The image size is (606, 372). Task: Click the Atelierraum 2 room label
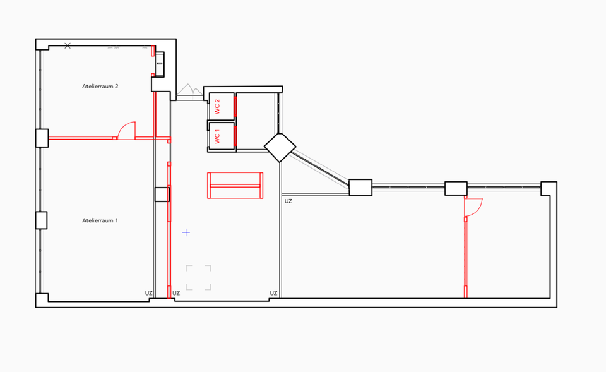pos(100,86)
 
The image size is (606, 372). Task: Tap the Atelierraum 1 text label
pos(100,220)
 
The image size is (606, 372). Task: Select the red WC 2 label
pos(217,107)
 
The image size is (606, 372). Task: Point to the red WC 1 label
pos(217,136)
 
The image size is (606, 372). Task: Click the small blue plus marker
pos(186,232)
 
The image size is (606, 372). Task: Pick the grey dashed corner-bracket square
pos(198,278)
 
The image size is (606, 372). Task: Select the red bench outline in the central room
pos(235,185)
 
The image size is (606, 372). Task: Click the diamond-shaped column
pos(280,147)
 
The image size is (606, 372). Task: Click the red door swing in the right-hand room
pos(473,207)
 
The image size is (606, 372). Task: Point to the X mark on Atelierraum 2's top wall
pos(68,45)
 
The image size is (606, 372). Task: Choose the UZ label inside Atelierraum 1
pos(149,293)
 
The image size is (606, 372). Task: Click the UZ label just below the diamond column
pos(288,201)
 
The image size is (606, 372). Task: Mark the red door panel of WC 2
pos(235,107)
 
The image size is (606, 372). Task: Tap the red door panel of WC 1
pos(235,136)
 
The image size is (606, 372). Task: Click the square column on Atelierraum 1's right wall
pos(162,195)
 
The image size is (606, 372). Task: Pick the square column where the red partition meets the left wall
pos(42,138)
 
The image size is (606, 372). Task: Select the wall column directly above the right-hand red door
pos(455,188)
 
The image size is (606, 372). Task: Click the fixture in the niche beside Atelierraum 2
pos(161,60)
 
